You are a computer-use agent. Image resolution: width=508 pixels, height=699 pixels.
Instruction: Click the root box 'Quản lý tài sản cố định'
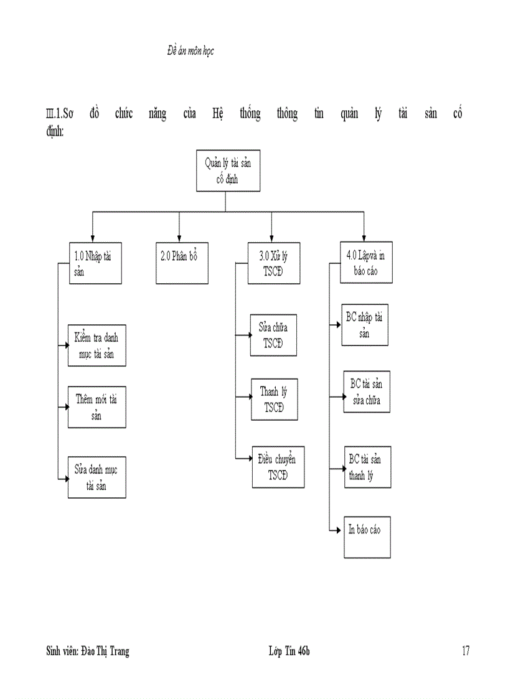(228, 171)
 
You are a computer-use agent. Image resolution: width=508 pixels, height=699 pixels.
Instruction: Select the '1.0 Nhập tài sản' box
(95, 263)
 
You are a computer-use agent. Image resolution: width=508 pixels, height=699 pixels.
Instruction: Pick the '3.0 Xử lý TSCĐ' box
(274, 263)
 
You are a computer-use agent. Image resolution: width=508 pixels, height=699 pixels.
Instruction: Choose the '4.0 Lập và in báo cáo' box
(366, 263)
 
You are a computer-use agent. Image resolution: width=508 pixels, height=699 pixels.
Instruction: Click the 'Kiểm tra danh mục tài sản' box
(96, 347)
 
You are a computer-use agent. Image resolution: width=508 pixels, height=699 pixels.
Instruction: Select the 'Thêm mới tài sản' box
(96, 407)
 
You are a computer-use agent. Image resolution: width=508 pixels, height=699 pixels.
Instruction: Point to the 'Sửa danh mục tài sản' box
(96, 477)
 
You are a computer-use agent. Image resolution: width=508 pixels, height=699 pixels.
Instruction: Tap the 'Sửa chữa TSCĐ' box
(273, 335)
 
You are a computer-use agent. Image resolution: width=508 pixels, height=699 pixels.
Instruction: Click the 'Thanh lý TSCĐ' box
(274, 399)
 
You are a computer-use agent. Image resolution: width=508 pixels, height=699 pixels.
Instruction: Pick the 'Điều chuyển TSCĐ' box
(278, 467)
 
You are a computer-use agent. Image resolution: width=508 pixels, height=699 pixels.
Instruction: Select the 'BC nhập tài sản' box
(365, 325)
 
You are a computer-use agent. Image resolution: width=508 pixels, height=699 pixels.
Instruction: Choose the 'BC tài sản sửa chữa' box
(367, 392)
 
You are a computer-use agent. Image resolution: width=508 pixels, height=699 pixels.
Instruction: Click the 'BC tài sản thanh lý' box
(367, 467)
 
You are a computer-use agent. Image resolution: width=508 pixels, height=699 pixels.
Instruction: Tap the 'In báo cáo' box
(367, 537)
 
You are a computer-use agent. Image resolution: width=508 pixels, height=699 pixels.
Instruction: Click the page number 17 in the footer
(465, 651)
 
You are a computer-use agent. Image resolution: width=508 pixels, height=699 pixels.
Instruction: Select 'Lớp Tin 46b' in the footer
(289, 651)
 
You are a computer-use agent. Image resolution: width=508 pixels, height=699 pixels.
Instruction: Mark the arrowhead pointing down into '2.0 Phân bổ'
(179, 238)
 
